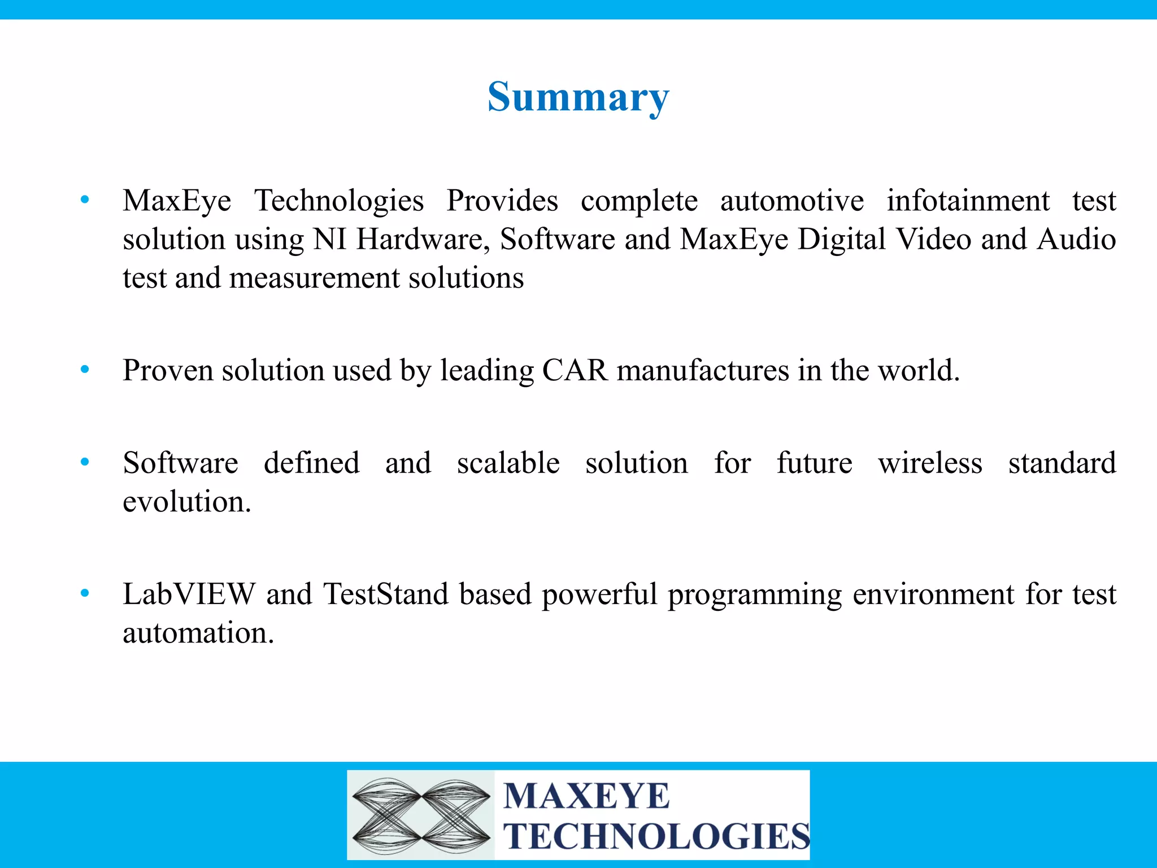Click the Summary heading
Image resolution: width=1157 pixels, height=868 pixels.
578,97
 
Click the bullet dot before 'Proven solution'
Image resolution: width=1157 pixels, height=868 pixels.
85,370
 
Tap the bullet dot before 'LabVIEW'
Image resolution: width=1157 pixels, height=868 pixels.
85,593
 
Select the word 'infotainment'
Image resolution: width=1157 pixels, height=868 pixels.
968,201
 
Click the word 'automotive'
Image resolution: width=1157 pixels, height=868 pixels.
791,201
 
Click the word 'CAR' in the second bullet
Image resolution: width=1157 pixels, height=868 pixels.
575,371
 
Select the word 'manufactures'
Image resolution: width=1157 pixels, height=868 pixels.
702,371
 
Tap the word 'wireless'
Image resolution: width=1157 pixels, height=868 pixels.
930,463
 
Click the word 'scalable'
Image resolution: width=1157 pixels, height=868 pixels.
508,463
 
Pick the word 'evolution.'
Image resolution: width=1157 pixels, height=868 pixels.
187,502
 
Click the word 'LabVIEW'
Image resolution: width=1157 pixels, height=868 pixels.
189,594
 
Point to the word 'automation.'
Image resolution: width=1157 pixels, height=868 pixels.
198,632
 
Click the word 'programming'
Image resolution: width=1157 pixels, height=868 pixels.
754,595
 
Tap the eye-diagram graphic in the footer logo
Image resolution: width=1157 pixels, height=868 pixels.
421,815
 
